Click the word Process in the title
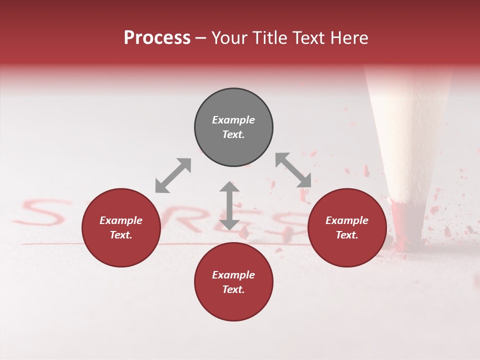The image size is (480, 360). [157, 38]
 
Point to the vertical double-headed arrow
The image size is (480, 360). [229, 205]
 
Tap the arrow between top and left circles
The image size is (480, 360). [173, 175]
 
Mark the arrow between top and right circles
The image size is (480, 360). [293, 170]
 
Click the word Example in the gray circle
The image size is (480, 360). [233, 120]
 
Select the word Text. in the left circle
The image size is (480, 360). [121, 235]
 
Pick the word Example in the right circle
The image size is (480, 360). [347, 220]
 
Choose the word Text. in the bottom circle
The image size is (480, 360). [233, 289]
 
